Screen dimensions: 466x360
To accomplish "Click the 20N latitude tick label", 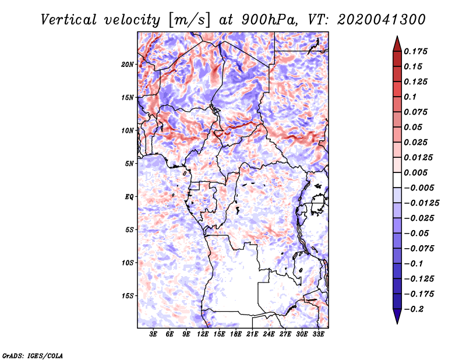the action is (128, 65).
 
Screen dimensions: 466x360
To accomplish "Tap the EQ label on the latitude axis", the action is (129, 197).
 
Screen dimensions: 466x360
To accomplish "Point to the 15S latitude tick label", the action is (128, 296).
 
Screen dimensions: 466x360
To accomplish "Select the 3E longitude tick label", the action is (153, 334).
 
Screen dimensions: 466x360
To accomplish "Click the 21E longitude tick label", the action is (252, 334).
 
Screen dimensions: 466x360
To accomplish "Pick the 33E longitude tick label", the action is (318, 334).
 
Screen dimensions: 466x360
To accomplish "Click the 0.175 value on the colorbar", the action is (416, 51).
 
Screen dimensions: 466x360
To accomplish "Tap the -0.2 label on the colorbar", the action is (414, 309).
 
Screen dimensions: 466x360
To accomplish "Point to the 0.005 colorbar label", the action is (416, 172).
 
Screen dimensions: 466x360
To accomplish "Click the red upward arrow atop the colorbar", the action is (397, 44).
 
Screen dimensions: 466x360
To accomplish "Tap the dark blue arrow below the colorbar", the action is (397, 316).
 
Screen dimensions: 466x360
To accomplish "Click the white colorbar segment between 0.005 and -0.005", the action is (397, 180).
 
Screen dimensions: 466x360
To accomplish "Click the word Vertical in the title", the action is (69, 20).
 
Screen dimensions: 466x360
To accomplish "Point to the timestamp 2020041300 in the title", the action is (382, 20).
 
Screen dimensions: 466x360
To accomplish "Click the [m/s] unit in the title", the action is (189, 20).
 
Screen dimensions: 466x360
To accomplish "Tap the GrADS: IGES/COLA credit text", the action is (33, 356).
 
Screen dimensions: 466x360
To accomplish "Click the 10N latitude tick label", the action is (128, 130).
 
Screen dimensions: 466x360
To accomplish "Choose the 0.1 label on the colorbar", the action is (410, 97).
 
